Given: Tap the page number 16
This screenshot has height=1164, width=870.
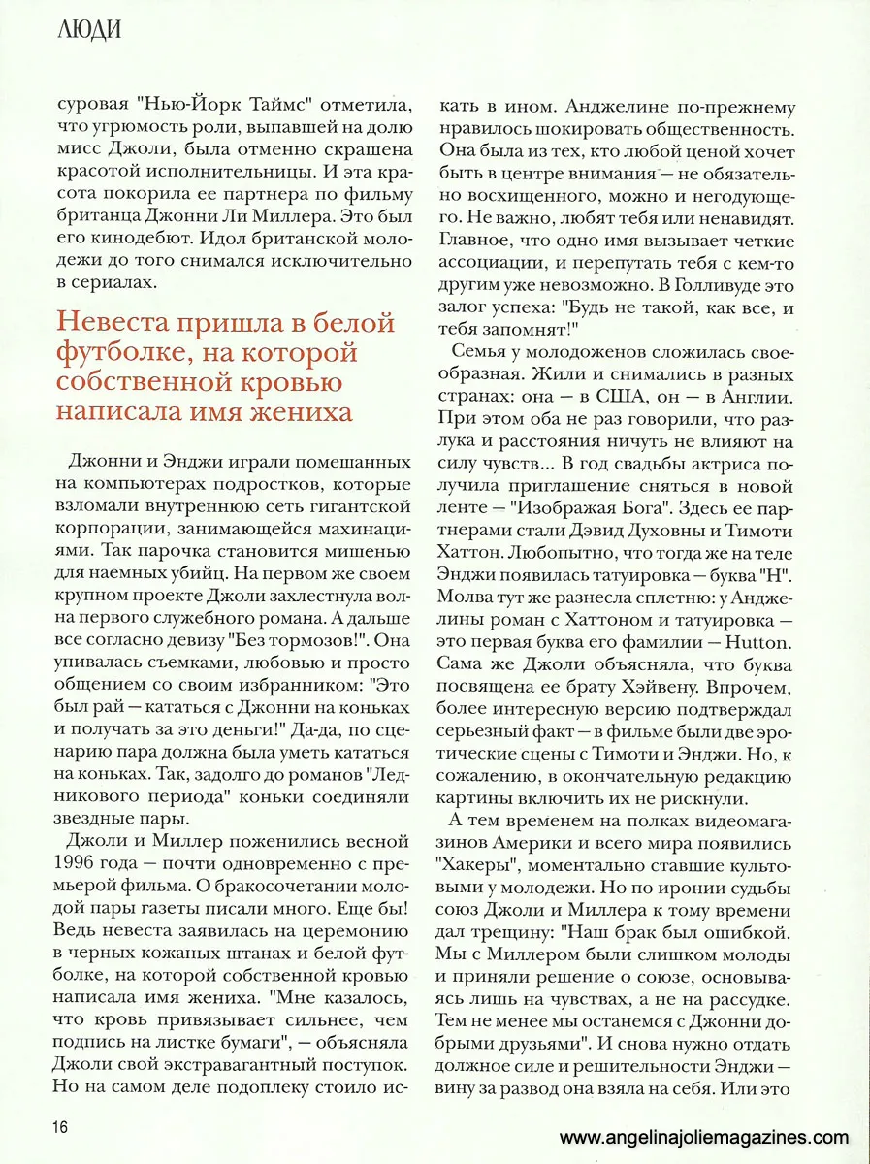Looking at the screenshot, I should coord(60,1126).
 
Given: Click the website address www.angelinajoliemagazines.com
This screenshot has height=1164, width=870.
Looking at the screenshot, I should coord(705,1138).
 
